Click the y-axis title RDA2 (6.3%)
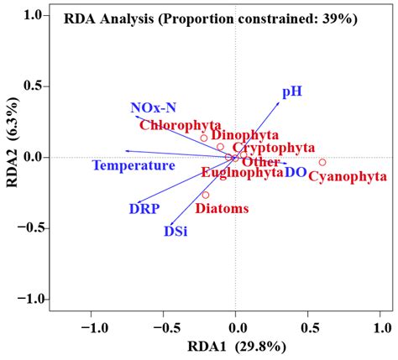click(x=14, y=158)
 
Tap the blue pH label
click(x=291, y=91)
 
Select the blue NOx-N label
click(x=154, y=107)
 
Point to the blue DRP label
click(x=144, y=207)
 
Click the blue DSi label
click(x=175, y=231)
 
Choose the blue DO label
click(x=295, y=172)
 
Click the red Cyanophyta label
click(x=348, y=176)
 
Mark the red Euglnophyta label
click(x=242, y=172)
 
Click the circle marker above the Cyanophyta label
click(x=322, y=162)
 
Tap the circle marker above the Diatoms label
click(x=205, y=195)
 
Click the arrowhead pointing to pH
click(x=280, y=102)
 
